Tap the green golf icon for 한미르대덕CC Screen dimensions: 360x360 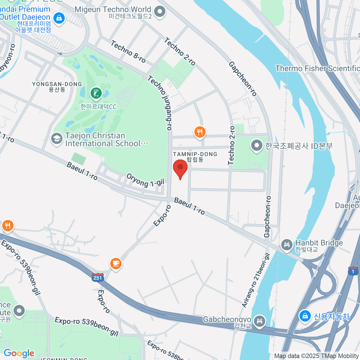click(x=96, y=93)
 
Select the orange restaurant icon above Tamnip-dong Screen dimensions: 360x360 click(x=199, y=132)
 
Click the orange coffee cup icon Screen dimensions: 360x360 click(x=116, y=263)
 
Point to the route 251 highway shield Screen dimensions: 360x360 click(x=98, y=277)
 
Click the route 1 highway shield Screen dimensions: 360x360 click(x=353, y=271)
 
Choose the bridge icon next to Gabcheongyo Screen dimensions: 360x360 click(x=259, y=321)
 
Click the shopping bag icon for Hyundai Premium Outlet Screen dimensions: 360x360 click(x=59, y=18)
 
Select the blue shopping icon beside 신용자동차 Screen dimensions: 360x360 click(x=305, y=316)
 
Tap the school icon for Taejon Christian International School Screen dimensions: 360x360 click(x=56, y=139)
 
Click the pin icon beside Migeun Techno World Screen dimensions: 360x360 click(x=160, y=12)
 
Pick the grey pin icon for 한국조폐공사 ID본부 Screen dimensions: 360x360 click(x=257, y=146)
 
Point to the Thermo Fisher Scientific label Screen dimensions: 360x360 click(x=317, y=69)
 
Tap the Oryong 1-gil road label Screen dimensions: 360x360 click(x=145, y=180)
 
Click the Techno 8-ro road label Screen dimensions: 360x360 click(x=128, y=52)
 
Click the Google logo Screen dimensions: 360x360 click(x=19, y=353)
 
